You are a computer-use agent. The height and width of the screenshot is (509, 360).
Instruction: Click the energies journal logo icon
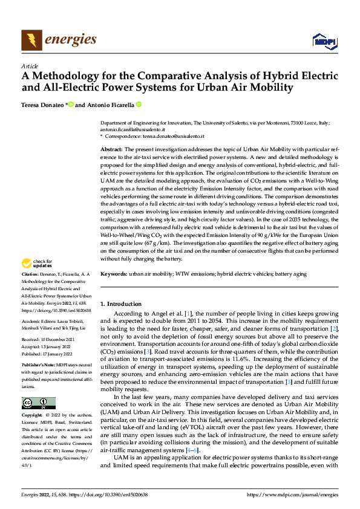(31, 41)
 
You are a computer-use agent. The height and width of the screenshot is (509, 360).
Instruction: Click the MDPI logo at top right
(323, 41)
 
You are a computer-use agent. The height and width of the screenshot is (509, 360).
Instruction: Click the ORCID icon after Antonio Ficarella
(139, 104)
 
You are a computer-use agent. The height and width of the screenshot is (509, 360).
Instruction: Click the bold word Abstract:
(111, 149)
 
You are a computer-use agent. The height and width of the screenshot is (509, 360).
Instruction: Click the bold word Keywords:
(114, 274)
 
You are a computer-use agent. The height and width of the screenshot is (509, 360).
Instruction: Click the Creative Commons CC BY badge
(38, 403)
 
